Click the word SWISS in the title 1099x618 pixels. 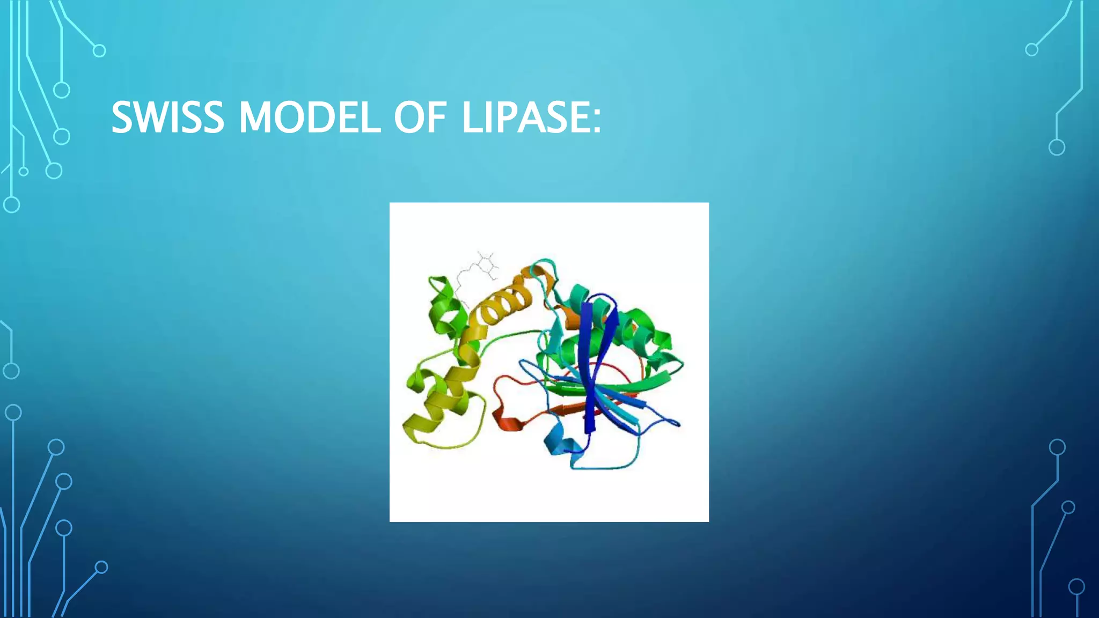pos(167,117)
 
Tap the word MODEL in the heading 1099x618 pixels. pos(310,117)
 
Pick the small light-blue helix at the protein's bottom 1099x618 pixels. pos(558,443)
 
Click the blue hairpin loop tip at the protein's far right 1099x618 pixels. pos(676,424)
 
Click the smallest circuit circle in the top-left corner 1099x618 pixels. pos(23,172)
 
